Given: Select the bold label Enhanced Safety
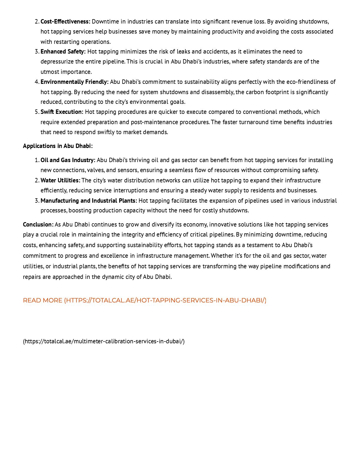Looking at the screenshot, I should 63,51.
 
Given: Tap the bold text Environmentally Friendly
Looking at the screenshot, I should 74,82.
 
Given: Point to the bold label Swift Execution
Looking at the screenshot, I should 62,112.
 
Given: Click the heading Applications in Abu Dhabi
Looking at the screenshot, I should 58,146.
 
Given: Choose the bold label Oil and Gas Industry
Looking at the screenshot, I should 68,160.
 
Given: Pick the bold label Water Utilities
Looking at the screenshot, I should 60,180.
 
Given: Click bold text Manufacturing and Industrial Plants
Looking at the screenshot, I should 89,201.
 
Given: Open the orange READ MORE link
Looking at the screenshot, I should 144,300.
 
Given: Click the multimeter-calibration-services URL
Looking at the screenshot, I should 104,341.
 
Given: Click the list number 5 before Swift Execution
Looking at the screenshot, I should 37,112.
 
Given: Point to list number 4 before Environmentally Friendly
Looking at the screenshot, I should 37,82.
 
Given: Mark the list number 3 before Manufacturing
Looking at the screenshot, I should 37,201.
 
